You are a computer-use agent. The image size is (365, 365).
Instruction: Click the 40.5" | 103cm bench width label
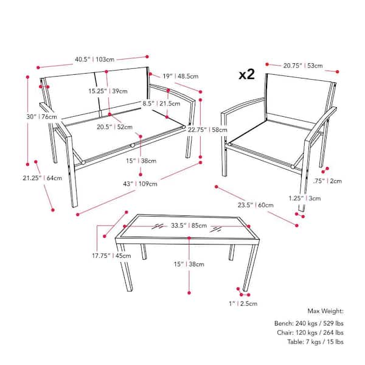point(94,60)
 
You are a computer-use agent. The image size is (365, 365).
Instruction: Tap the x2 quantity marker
point(247,74)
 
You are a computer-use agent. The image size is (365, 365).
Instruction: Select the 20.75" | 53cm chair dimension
point(303,66)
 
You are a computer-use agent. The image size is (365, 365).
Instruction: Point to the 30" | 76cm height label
point(41,117)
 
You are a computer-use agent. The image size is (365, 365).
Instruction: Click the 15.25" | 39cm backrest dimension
point(108,91)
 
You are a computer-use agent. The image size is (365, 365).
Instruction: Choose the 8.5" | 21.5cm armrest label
point(161,103)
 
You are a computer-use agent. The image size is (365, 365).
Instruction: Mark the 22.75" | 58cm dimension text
point(207,130)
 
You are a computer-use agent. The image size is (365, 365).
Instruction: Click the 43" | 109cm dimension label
point(140,184)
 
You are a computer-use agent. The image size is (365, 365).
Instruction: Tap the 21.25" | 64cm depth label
point(43,178)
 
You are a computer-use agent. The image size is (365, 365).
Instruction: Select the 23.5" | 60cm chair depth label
point(255,205)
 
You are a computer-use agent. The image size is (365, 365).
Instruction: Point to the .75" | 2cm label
point(327,181)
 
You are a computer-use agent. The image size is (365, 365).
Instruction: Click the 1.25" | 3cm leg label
point(305,198)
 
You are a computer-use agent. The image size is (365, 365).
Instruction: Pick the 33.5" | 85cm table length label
point(189,226)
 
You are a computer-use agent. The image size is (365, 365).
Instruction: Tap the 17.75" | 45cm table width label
point(111,255)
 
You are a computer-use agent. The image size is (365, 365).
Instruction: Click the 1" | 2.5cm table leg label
point(243,304)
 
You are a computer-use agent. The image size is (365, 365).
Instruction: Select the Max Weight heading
point(325,311)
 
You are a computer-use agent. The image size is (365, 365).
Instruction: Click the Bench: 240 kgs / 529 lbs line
point(309,324)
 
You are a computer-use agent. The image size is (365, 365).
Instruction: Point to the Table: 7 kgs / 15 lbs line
point(315,342)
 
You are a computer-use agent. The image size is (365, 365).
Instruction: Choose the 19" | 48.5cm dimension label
point(181,76)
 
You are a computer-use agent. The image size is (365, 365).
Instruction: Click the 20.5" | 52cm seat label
point(114,127)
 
